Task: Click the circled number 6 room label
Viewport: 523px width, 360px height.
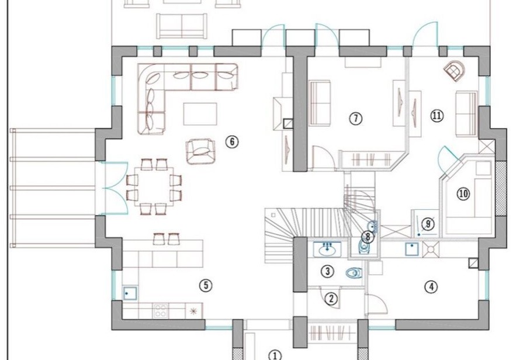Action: (232, 142)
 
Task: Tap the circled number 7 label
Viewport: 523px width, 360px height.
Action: (355, 118)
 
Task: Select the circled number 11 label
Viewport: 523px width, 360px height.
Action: (437, 116)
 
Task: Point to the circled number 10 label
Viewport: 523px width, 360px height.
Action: (463, 193)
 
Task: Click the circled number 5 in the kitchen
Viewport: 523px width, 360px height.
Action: (206, 285)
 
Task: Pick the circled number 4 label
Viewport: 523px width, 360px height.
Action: (431, 286)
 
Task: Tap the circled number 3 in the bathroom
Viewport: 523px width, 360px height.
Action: (328, 271)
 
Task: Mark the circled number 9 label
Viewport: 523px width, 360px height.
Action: (428, 224)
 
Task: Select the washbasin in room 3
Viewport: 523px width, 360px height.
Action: (327, 249)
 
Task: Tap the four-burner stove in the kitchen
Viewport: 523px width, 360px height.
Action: (161, 311)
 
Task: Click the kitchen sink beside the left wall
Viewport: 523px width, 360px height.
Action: (130, 293)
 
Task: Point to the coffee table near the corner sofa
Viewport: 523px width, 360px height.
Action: (200, 114)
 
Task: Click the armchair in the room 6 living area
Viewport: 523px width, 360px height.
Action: (200, 152)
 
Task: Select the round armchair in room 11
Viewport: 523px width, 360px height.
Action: (454, 71)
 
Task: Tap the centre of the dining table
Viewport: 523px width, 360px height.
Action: (154, 187)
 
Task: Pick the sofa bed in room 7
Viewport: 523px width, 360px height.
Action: (320, 103)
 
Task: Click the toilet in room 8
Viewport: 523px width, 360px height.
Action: (364, 246)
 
